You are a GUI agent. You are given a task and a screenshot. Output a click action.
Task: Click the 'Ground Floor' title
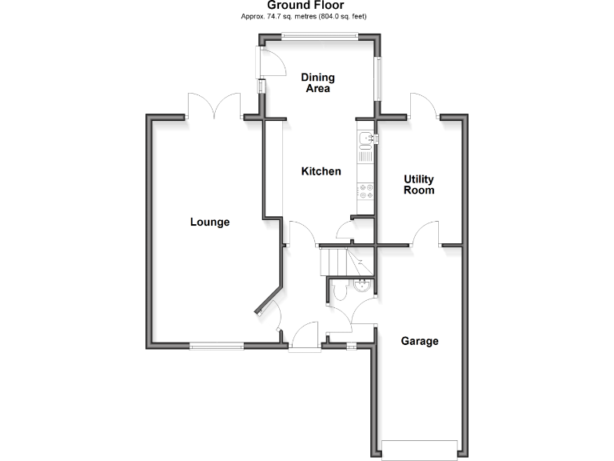(x=306, y=6)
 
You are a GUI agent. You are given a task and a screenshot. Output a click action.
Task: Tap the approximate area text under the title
(x=306, y=16)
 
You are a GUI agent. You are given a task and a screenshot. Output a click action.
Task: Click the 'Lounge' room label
(x=209, y=222)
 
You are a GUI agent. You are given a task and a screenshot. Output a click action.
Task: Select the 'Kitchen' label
(x=321, y=171)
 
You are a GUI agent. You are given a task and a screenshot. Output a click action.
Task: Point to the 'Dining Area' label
(x=317, y=82)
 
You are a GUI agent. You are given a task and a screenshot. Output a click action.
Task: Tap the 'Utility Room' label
(x=419, y=185)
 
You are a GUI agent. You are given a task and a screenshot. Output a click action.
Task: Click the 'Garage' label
(x=420, y=341)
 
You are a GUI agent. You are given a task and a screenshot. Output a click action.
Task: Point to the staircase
(x=336, y=261)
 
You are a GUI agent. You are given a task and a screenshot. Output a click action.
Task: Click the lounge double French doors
(x=214, y=106)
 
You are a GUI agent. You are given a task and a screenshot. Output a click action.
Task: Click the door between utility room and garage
(x=425, y=233)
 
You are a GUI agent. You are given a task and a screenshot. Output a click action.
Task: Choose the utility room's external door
(x=424, y=107)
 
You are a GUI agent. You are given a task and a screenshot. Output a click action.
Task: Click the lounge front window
(x=216, y=346)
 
